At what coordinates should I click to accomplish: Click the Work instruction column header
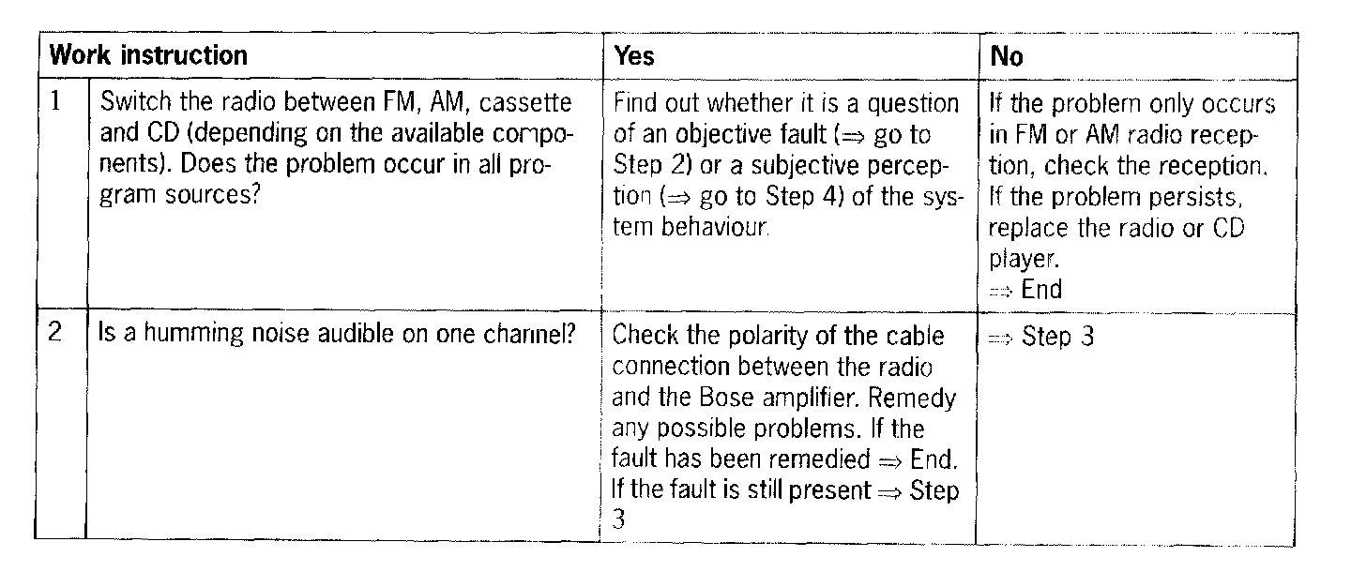[148, 55]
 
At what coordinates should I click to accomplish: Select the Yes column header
[634, 56]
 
